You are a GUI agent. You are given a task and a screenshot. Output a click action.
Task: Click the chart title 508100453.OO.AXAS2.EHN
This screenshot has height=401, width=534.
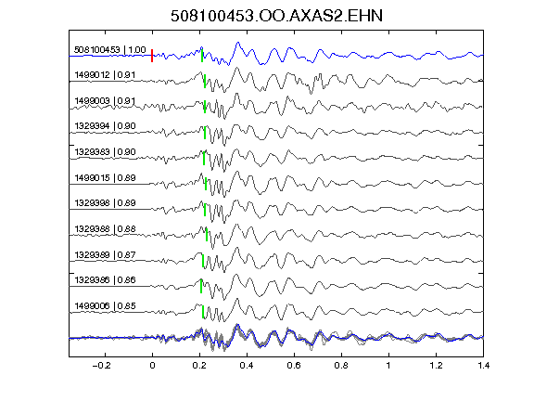click(276, 16)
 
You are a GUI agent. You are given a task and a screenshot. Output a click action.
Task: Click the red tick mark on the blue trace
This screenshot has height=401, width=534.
click(152, 56)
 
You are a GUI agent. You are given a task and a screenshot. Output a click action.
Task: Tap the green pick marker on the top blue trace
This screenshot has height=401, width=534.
click(202, 56)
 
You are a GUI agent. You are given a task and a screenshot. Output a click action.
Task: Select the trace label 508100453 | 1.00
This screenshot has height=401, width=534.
click(110, 50)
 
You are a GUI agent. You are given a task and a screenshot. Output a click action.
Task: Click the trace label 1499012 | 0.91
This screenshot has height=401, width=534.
click(105, 75)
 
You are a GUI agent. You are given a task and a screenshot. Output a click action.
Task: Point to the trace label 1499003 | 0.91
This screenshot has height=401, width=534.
click(105, 101)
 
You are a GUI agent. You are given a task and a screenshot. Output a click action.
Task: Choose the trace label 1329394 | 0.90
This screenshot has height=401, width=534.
click(105, 126)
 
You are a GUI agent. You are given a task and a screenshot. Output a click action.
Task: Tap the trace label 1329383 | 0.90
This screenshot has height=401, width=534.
click(105, 152)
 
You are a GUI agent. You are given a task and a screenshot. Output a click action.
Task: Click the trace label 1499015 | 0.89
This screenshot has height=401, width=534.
click(105, 178)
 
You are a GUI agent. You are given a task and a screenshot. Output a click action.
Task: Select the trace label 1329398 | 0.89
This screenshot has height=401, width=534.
click(105, 203)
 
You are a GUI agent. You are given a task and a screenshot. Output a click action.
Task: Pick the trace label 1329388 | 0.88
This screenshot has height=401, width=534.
click(105, 229)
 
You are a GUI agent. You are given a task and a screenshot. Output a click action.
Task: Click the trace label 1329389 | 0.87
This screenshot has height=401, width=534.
click(105, 255)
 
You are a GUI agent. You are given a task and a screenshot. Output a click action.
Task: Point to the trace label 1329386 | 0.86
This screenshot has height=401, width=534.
click(105, 280)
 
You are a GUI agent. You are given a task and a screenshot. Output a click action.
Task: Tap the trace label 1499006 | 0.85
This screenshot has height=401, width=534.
click(105, 306)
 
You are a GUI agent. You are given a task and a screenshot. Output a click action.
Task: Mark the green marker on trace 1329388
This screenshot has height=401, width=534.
click(207, 235)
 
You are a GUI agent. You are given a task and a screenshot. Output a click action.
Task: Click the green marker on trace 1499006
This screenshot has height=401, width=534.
click(203, 312)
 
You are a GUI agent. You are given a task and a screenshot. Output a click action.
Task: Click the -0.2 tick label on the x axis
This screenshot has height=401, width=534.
click(101, 366)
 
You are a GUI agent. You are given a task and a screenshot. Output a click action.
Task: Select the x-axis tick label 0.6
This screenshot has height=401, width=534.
click(294, 366)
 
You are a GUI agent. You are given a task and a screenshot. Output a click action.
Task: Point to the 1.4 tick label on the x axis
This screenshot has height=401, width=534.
click(483, 366)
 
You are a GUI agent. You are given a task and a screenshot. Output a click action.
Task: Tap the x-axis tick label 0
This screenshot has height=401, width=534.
click(152, 366)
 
